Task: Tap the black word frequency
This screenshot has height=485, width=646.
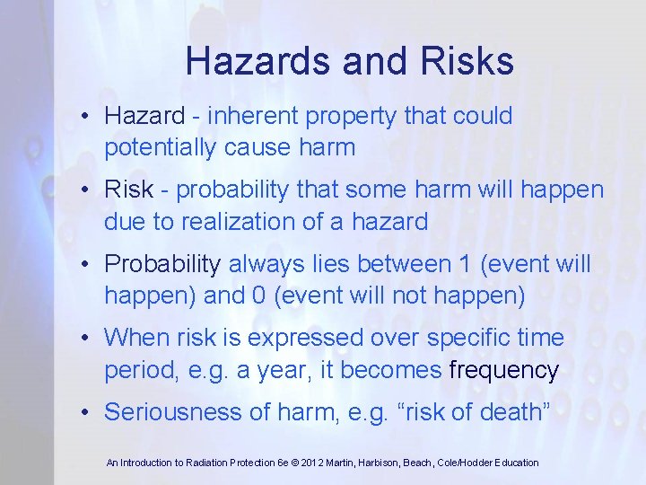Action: pos(504,369)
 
